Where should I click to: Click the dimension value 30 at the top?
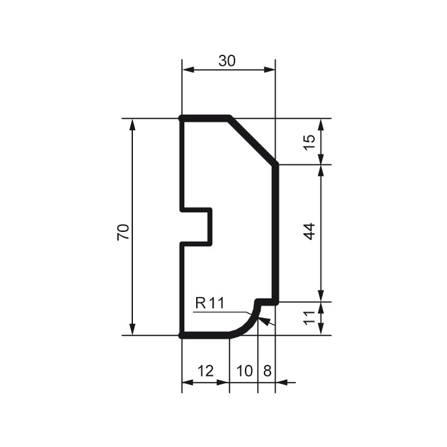click(x=227, y=61)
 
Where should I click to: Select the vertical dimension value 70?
click(x=123, y=232)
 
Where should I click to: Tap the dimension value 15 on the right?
click(x=310, y=141)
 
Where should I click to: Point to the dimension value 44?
click(x=310, y=231)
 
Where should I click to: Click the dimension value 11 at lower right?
click(x=310, y=319)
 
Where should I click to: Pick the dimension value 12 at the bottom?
click(x=205, y=371)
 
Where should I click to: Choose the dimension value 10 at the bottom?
click(x=244, y=371)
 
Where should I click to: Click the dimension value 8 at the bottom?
click(x=267, y=371)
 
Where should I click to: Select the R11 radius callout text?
click(x=209, y=303)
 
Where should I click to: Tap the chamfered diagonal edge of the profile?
click(x=253, y=141)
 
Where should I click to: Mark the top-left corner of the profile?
click(x=182, y=119)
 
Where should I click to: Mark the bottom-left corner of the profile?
click(x=182, y=335)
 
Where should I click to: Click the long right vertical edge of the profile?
click(x=276, y=231)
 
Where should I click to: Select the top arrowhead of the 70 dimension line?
click(x=133, y=124)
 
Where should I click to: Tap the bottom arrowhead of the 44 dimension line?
click(x=321, y=295)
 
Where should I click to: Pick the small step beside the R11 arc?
click(x=266, y=302)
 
